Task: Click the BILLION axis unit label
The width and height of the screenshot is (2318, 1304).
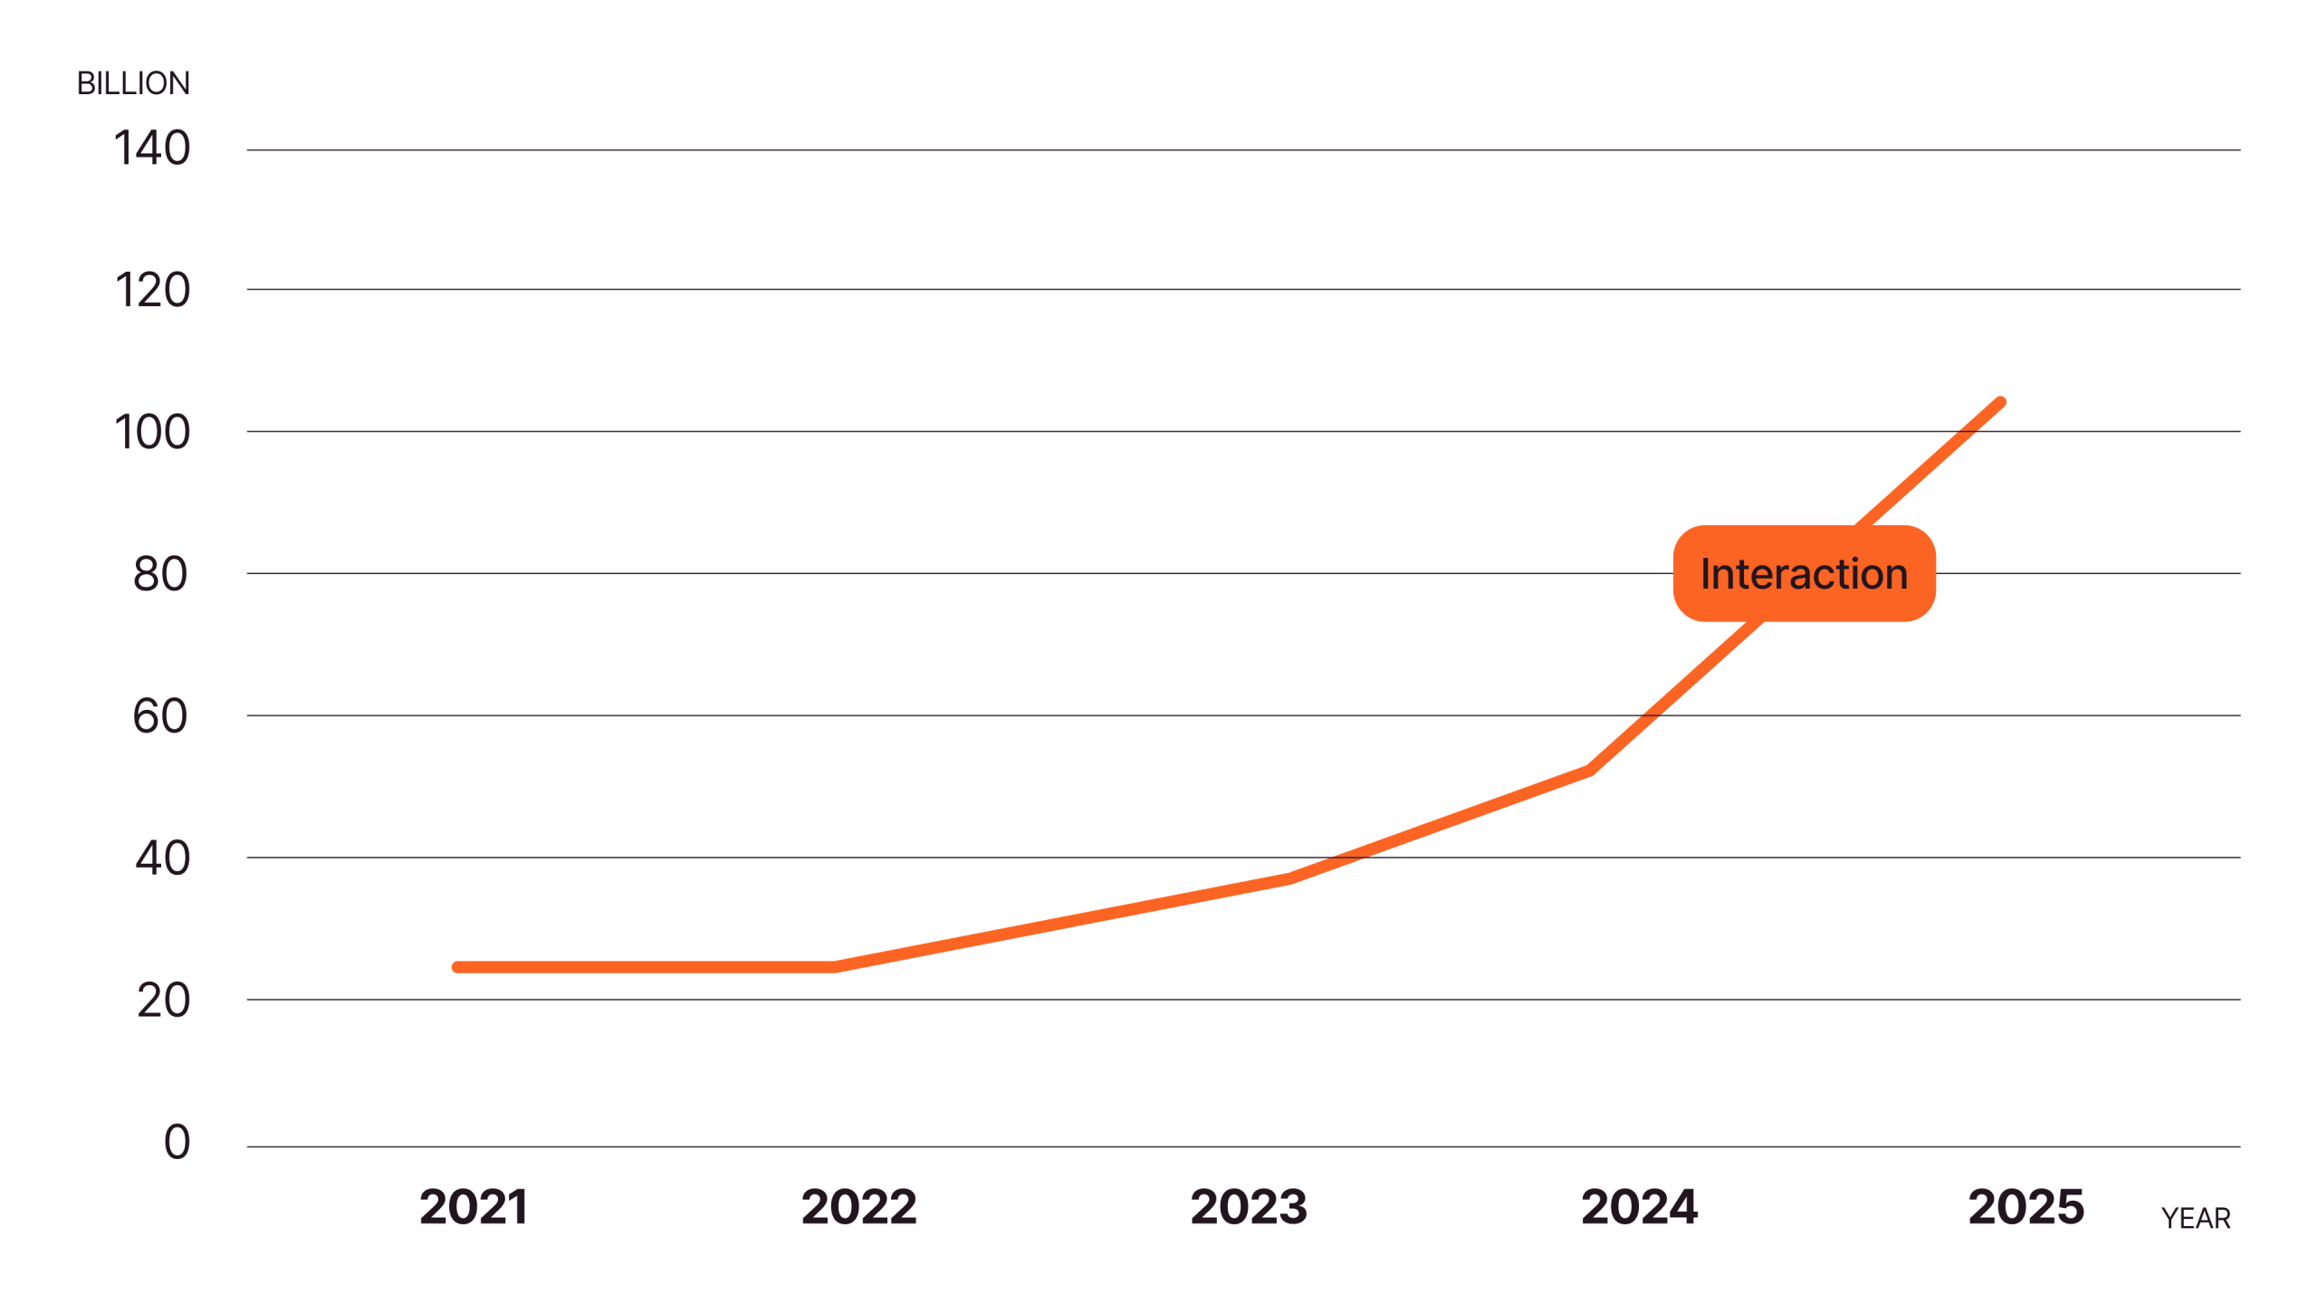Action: pyautogui.click(x=133, y=83)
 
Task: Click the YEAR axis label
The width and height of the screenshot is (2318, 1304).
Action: pyautogui.click(x=2195, y=1219)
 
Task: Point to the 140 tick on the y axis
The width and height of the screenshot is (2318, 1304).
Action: pyautogui.click(x=152, y=149)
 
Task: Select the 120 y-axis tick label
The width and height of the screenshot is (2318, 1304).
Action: pyautogui.click(x=152, y=291)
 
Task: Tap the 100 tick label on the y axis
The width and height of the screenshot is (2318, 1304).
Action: pyautogui.click(x=152, y=433)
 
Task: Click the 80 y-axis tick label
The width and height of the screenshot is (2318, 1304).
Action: pyautogui.click(x=160, y=574)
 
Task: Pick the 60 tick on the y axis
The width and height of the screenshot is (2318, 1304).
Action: pyautogui.click(x=160, y=716)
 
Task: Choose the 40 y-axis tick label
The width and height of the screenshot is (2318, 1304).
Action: pyautogui.click(x=162, y=858)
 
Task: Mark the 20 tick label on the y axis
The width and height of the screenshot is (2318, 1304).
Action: pyautogui.click(x=163, y=1001)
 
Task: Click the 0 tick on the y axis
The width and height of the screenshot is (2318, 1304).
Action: pyautogui.click(x=177, y=1142)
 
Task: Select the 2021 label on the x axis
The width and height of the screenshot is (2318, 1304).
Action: pyautogui.click(x=474, y=1207)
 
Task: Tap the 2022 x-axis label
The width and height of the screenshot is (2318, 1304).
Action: pyautogui.click(x=859, y=1207)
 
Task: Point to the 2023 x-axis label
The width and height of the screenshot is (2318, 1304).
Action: pyautogui.click(x=1249, y=1207)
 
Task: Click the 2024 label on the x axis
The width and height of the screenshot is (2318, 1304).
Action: pyautogui.click(x=1639, y=1207)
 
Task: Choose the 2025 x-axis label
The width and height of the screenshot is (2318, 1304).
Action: pyautogui.click(x=2026, y=1207)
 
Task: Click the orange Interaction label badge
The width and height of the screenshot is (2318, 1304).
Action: pyautogui.click(x=1804, y=574)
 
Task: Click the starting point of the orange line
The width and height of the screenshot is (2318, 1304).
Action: pyautogui.click(x=457, y=967)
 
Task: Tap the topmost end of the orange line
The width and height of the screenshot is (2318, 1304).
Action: pyautogui.click(x=2000, y=403)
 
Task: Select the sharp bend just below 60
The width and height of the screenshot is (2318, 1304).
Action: pyautogui.click(x=1589, y=771)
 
